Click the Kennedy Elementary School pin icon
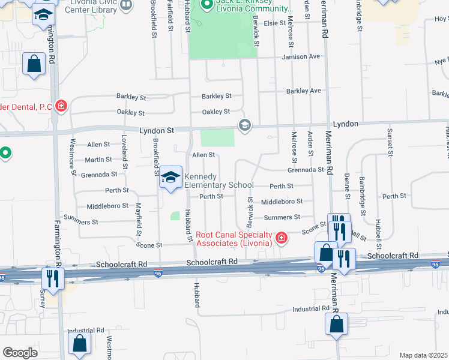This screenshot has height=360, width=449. (171, 178)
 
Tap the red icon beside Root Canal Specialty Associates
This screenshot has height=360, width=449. (280, 239)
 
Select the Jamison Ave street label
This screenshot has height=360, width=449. (306, 57)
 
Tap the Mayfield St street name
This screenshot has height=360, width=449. (139, 219)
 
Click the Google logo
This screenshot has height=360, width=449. (20, 353)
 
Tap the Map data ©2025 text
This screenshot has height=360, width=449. (423, 355)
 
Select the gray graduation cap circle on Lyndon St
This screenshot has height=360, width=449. (244, 125)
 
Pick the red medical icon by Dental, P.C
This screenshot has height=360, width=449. (61, 107)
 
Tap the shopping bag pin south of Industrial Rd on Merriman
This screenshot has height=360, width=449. (337, 325)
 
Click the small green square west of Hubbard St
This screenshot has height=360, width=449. (175, 216)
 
